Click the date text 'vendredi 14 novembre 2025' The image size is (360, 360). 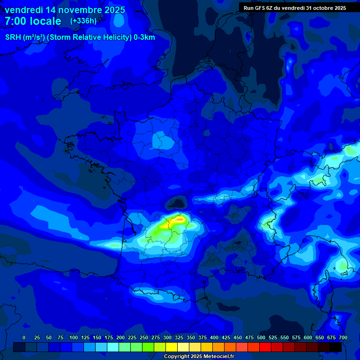(65, 10)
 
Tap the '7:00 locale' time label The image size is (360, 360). (33, 21)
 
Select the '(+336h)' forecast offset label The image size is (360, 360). (83, 21)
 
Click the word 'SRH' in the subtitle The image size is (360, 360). (13, 37)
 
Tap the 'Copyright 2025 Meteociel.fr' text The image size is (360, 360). (199, 357)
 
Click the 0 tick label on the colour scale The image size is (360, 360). (24, 337)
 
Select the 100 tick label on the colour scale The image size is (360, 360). (74, 337)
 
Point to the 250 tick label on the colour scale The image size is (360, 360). (144, 337)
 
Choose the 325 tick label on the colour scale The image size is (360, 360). (179, 337)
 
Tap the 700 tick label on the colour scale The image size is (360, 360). (343, 337)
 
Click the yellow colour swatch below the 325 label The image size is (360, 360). (172, 347)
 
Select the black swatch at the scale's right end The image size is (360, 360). (336, 347)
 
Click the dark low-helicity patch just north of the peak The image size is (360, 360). (178, 203)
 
